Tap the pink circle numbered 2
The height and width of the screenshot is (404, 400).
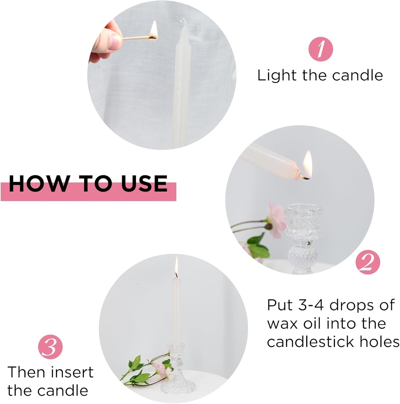[x=368, y=261]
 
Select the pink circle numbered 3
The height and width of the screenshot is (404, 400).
[x=50, y=347]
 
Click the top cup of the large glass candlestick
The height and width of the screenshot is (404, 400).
[x=304, y=211]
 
